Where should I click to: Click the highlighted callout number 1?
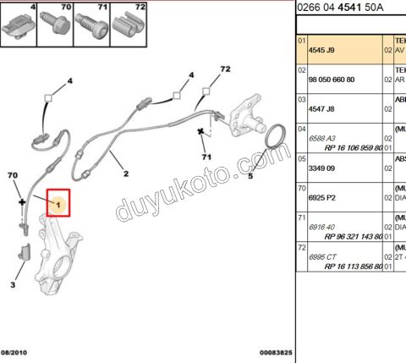click(x=58, y=205)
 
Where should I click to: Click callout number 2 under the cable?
click(x=125, y=175)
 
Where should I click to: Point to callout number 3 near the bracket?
click(x=13, y=285)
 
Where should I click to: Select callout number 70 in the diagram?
click(x=12, y=175)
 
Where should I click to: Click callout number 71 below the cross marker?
click(x=205, y=157)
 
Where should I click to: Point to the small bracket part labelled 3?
click(x=25, y=253)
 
